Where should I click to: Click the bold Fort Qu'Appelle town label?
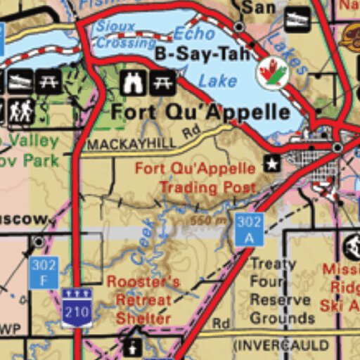click(200, 112)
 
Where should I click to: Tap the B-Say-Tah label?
click(193, 53)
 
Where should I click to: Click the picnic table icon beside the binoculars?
click(162, 82)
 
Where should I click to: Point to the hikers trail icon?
click(21, 110)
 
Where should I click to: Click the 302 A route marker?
click(249, 230)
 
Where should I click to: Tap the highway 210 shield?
click(76, 308)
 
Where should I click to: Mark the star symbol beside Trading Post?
click(271, 165)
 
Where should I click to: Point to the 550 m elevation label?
click(211, 220)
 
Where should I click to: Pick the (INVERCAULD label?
click(281, 345)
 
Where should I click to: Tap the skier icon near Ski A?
click(352, 246)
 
